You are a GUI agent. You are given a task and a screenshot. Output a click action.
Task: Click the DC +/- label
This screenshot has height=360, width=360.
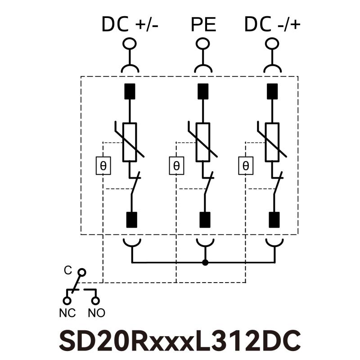(x=130, y=24)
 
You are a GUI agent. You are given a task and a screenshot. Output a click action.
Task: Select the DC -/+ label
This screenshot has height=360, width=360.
(x=272, y=24)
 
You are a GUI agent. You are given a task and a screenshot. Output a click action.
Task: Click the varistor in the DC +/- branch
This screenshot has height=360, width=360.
(x=130, y=142)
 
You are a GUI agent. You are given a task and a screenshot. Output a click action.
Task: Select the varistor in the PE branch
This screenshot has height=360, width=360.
(x=203, y=142)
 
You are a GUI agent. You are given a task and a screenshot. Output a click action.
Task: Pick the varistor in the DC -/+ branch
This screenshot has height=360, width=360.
(x=272, y=142)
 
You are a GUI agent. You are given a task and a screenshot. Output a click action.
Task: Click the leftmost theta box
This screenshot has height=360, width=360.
(x=103, y=166)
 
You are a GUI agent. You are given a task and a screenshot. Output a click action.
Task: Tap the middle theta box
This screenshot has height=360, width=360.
(x=176, y=166)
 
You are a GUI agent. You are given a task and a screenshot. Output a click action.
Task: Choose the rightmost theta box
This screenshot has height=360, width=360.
(x=245, y=166)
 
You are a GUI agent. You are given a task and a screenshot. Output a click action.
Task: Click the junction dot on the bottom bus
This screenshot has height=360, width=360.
(x=205, y=262)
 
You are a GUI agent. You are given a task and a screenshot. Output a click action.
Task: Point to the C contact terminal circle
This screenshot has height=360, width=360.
(x=81, y=272)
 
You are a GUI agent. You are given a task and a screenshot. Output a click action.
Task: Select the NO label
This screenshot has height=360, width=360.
(x=96, y=313)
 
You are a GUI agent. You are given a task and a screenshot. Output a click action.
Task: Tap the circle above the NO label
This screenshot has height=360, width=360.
(x=95, y=300)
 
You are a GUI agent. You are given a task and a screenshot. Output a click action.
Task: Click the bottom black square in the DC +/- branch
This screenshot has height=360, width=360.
(x=132, y=220)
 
